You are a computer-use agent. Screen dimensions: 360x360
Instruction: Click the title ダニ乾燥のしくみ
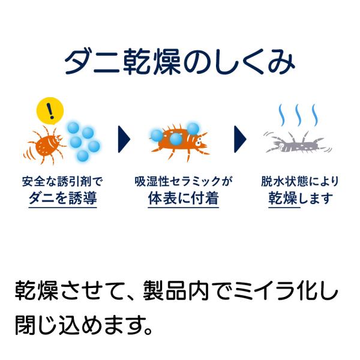click(180, 62)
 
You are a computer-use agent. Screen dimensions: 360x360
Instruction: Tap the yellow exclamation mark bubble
click(50, 110)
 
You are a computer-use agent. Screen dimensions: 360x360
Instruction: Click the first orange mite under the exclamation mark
click(45, 145)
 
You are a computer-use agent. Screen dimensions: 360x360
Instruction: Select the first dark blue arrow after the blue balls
click(124, 139)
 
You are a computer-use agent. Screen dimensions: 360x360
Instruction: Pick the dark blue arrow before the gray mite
click(240, 139)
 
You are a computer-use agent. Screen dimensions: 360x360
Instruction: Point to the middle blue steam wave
click(298, 115)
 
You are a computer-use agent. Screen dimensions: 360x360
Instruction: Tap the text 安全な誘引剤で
click(62, 181)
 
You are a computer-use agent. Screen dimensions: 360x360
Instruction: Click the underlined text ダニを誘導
click(62, 198)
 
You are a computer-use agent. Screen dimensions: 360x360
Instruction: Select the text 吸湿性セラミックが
click(184, 181)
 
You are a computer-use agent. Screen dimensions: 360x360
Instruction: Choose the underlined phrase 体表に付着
click(183, 198)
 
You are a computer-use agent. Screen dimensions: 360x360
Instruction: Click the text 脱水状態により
click(300, 181)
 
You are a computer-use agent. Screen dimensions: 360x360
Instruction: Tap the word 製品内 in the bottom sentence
click(176, 290)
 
